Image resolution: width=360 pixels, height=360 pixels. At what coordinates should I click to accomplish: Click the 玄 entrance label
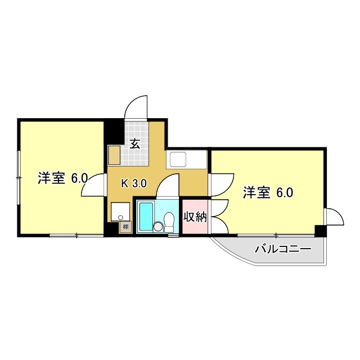coord(136,143)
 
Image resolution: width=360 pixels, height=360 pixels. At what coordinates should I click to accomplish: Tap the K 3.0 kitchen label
coord(134,182)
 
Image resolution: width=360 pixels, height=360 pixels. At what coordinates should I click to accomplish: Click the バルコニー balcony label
coord(282,248)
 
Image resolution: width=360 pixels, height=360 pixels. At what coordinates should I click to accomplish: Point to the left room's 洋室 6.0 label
coord(62,178)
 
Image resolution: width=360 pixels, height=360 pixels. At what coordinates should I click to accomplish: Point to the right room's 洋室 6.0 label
coord(268,193)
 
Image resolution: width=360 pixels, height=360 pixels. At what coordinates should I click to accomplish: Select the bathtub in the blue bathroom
coord(146,217)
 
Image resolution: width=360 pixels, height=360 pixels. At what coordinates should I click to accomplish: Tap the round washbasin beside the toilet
coord(158,227)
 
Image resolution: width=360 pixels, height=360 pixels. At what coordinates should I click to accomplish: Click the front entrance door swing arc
coord(137,107)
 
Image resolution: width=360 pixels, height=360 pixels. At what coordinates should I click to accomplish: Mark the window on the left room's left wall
coord(19,178)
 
